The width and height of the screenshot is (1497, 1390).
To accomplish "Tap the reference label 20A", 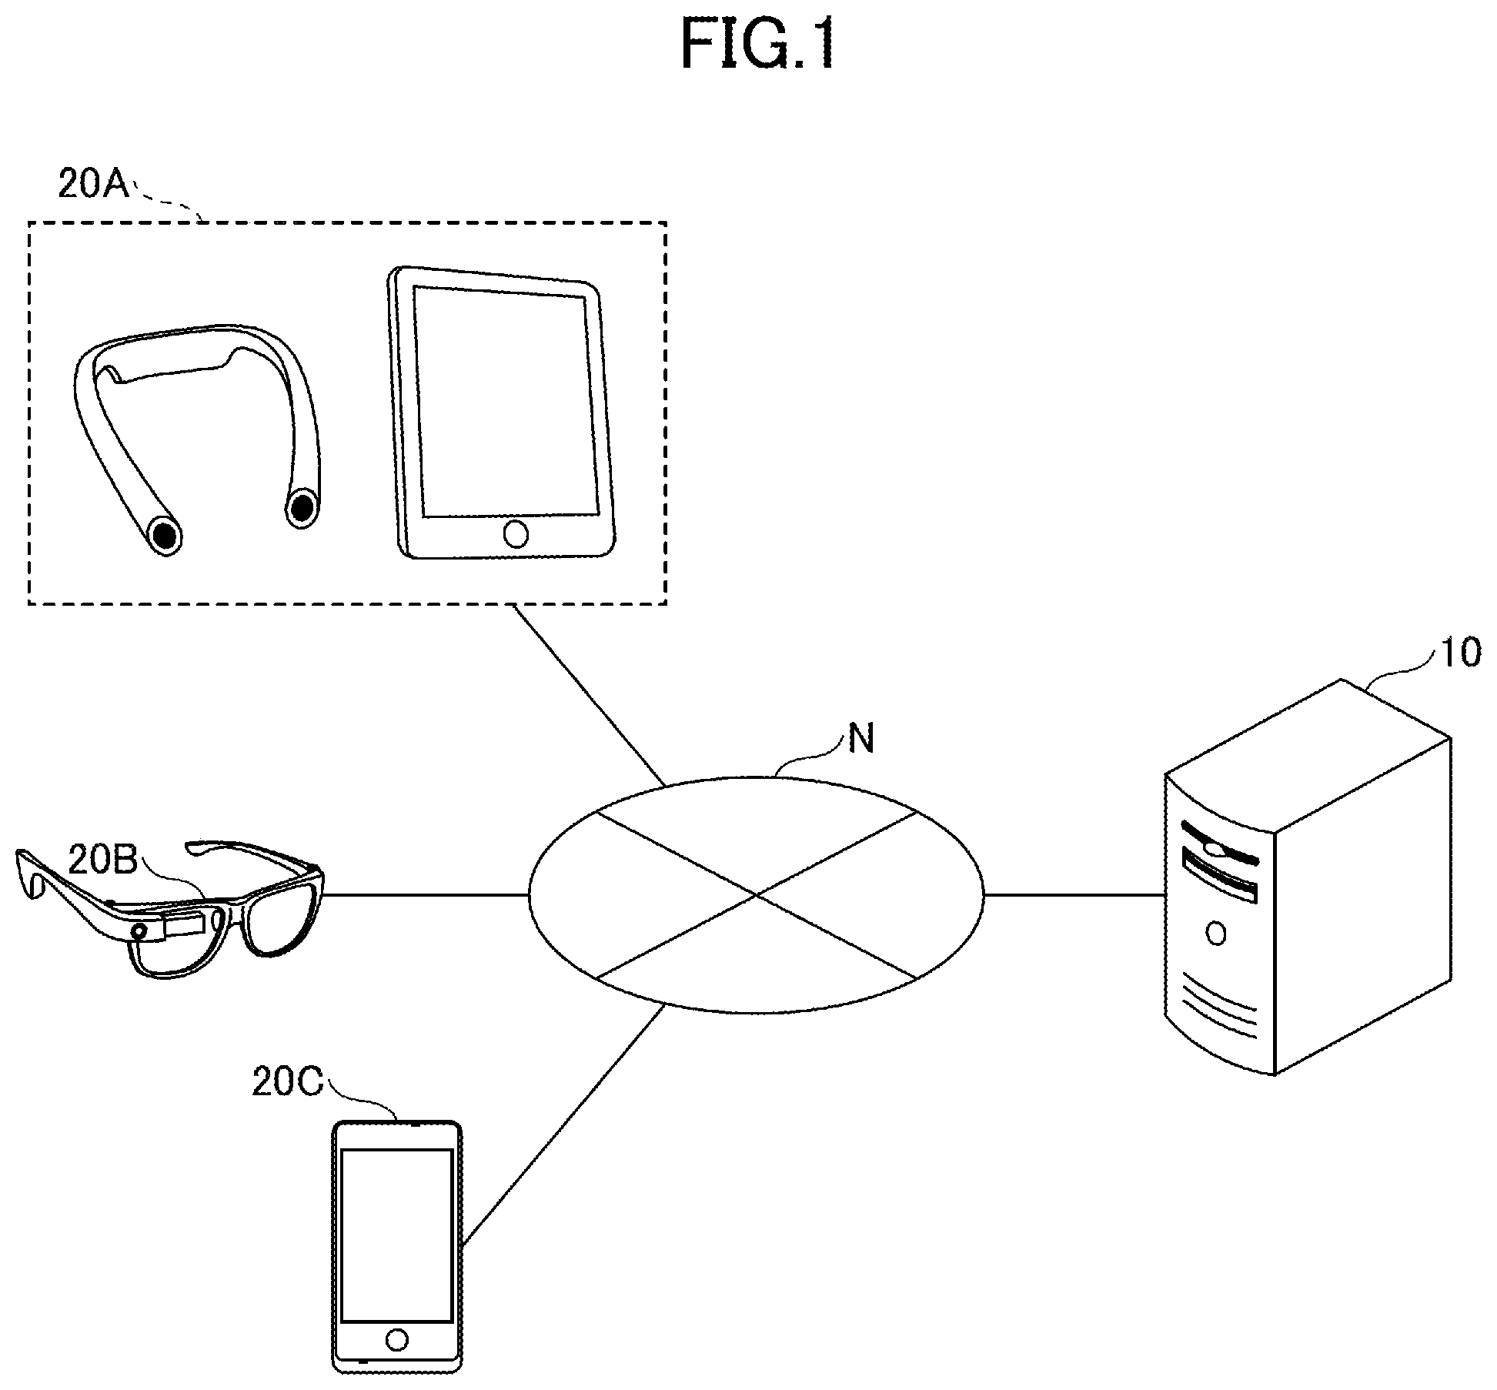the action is [x=94, y=185].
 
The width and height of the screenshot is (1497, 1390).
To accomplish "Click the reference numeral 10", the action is [x=1459, y=653].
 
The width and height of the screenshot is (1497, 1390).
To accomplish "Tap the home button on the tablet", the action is [x=515, y=533].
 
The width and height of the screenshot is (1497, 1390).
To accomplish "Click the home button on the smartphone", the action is [x=397, y=1340].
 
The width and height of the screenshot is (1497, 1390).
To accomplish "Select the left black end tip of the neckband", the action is [x=164, y=535].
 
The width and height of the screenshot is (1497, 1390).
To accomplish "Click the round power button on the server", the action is [x=1216, y=934].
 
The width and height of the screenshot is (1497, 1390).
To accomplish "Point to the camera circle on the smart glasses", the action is [x=140, y=932].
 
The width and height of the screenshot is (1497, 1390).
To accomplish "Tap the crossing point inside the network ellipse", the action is [x=757, y=895].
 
